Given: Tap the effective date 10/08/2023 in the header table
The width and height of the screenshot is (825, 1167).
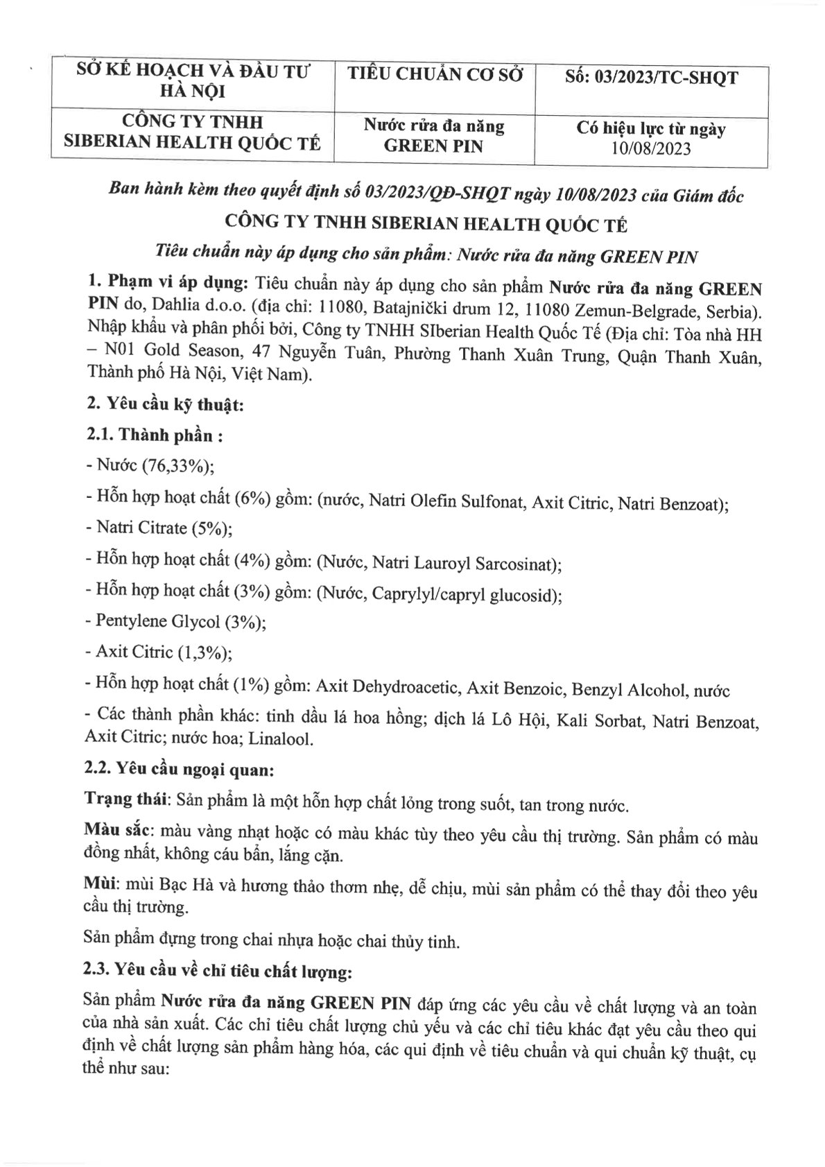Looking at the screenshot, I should [x=651, y=148].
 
